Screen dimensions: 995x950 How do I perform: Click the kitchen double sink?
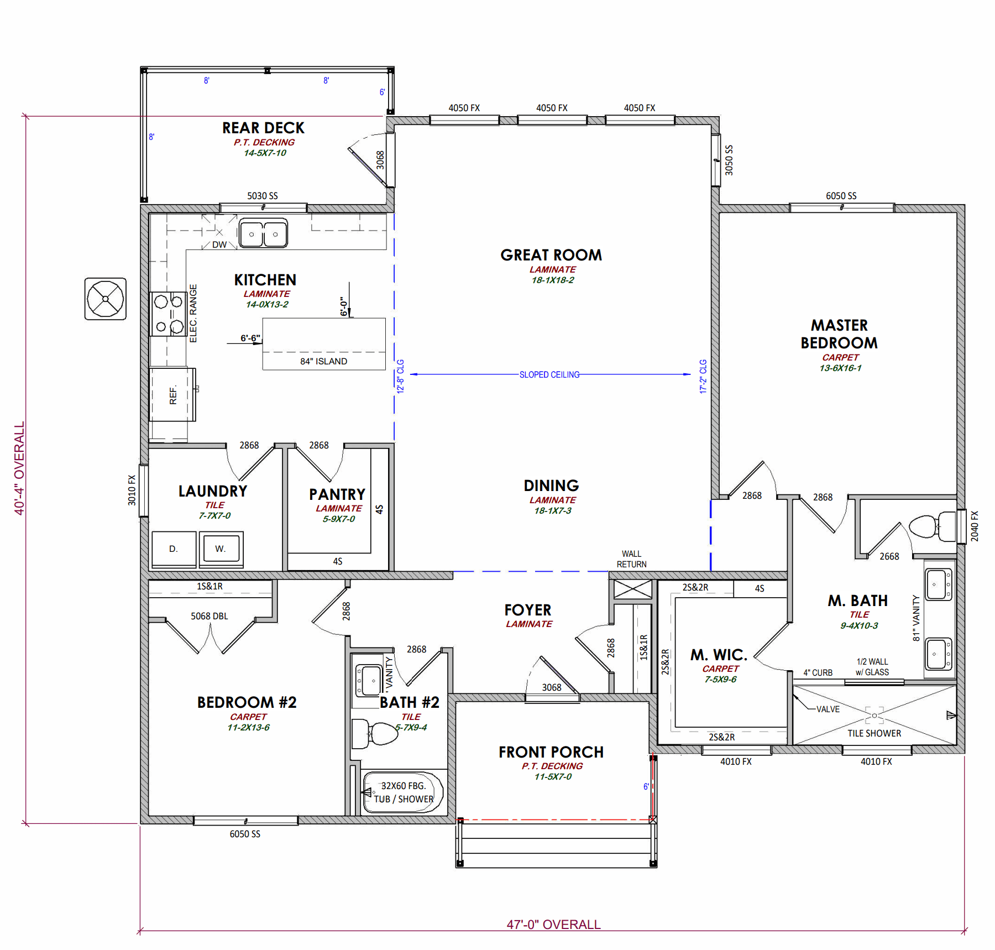(x=263, y=233)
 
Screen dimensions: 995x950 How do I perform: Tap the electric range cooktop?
(x=169, y=314)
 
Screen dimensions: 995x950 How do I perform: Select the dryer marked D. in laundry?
(x=174, y=549)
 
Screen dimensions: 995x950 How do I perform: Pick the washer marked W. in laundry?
(x=221, y=549)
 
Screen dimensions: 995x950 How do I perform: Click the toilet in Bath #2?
(x=375, y=733)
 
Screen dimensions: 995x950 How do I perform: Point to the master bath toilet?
(x=933, y=526)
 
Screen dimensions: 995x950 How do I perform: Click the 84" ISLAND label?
(x=324, y=361)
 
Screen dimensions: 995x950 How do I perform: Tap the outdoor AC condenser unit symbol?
(x=106, y=299)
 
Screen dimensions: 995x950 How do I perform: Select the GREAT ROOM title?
(x=551, y=255)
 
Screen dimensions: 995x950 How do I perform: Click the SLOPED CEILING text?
(x=549, y=374)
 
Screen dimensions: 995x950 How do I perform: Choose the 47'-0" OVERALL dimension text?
(x=553, y=924)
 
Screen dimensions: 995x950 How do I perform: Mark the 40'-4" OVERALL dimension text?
(x=19, y=468)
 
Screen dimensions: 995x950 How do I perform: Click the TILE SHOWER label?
(x=874, y=733)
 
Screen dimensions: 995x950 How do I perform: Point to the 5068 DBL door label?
(x=210, y=616)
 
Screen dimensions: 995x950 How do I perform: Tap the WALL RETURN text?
(x=632, y=559)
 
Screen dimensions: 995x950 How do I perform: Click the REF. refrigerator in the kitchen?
(x=172, y=395)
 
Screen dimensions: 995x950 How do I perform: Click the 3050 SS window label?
(x=729, y=160)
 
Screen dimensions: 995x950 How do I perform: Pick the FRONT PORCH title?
(x=551, y=752)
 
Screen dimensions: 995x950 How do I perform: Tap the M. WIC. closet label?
(x=719, y=655)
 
